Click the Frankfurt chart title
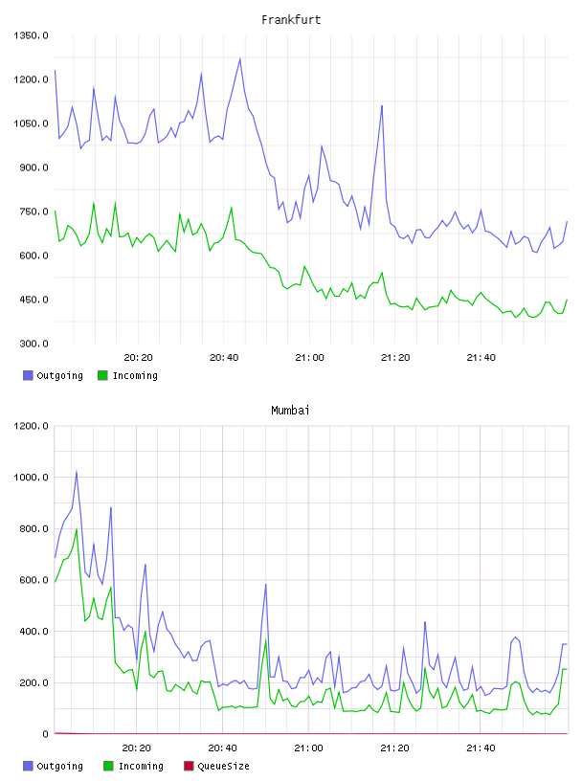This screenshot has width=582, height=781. (291, 20)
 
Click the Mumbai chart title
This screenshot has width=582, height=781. (290, 411)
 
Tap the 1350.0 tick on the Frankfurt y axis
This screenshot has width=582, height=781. (32, 35)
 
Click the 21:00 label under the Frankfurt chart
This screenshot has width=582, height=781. (309, 358)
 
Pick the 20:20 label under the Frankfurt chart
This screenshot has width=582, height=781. (138, 358)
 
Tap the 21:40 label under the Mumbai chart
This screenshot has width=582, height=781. (481, 748)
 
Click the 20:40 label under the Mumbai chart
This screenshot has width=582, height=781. (223, 748)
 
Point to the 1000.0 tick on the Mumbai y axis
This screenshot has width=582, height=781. (32, 478)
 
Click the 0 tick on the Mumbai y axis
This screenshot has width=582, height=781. (45, 734)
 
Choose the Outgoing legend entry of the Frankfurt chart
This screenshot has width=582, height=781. (53, 375)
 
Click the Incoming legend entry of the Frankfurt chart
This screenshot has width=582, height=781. (127, 375)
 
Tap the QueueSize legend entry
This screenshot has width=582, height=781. (216, 766)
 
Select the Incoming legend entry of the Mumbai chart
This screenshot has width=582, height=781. (133, 766)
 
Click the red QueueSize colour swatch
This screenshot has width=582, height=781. (189, 766)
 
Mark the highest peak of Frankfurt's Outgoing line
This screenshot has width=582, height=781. (240, 58)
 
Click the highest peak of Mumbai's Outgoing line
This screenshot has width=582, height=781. (77, 471)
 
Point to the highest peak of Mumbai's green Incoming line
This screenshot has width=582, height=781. (77, 529)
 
